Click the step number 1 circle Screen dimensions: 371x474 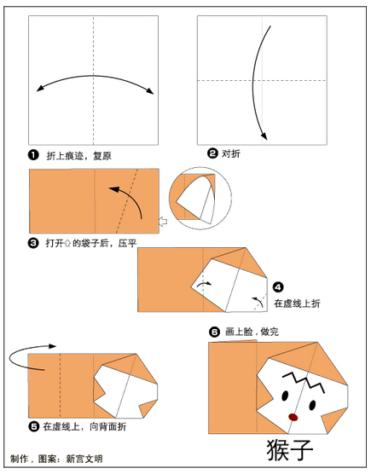click(x=33, y=155)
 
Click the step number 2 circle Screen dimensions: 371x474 click(x=212, y=153)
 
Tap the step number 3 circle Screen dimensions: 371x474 click(x=33, y=243)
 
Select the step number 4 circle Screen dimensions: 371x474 click(x=278, y=287)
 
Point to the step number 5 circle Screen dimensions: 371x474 click(x=33, y=426)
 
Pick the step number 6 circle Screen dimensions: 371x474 click(x=214, y=332)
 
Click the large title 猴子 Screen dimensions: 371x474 click(x=289, y=450)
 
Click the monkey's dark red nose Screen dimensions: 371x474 click(x=293, y=417)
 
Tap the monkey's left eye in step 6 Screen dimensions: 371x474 click(x=285, y=396)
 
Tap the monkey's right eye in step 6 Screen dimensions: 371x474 click(x=312, y=405)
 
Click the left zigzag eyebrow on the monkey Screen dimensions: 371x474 click(x=293, y=378)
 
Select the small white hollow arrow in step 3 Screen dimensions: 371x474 click(x=163, y=222)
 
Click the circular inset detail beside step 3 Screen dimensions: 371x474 click(x=200, y=198)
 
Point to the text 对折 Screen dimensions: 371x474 click(x=231, y=153)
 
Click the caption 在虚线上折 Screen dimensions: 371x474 click(x=297, y=303)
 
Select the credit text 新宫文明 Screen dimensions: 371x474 click(x=84, y=459)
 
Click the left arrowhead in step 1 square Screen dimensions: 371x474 click(x=39, y=89)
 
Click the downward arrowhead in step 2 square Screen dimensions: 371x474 click(x=264, y=136)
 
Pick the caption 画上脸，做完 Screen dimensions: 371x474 click(x=252, y=332)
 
